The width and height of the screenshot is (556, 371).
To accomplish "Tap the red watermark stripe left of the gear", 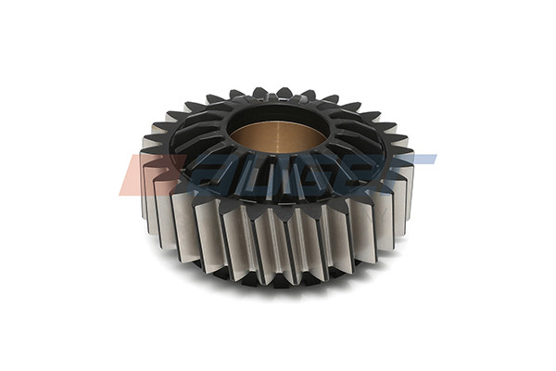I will coord(139,174).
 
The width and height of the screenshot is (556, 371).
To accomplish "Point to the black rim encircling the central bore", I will coord(278,109).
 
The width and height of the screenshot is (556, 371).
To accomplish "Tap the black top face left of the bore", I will coord(199,139).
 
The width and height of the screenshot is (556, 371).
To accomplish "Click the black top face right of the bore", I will coord(357,139).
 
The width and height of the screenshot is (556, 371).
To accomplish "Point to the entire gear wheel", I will coord(278,185).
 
